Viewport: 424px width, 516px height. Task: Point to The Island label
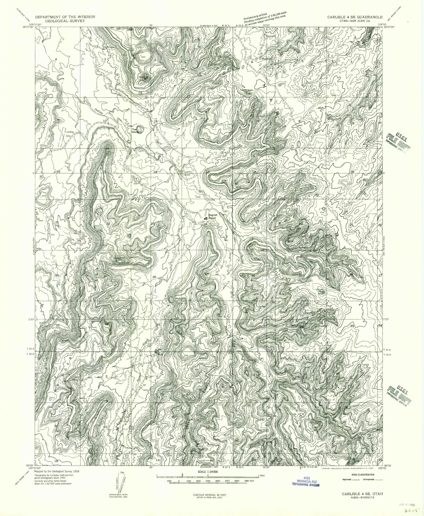pos(135,131)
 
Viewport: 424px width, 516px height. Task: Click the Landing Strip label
pos(70,134)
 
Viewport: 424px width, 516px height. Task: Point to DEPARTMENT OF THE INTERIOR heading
pos(65,17)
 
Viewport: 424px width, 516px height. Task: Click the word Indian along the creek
pos(100,111)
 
